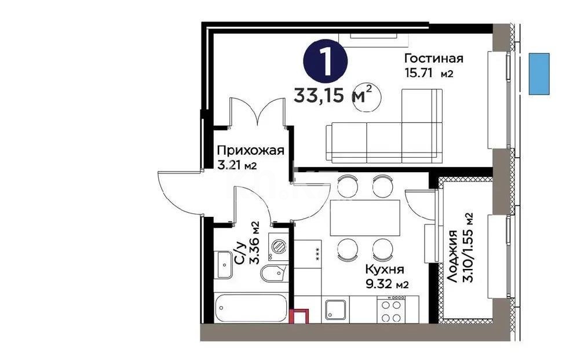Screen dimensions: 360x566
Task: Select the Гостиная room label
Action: pyautogui.click(x=434, y=59)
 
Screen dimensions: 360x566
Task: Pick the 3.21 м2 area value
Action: pyautogui.click(x=237, y=165)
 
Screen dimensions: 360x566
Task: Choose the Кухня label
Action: pyautogui.click(x=384, y=270)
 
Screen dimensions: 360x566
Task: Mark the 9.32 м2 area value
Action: pyautogui.click(x=387, y=284)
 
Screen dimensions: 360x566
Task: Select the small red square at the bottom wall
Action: pyautogui.click(x=300, y=317)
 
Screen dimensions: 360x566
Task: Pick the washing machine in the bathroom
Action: pyautogui.click(x=277, y=247)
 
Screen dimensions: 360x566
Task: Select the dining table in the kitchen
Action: pyautogui.click(x=364, y=217)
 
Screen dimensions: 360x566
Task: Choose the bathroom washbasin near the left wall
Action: pyautogui.click(x=224, y=264)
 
